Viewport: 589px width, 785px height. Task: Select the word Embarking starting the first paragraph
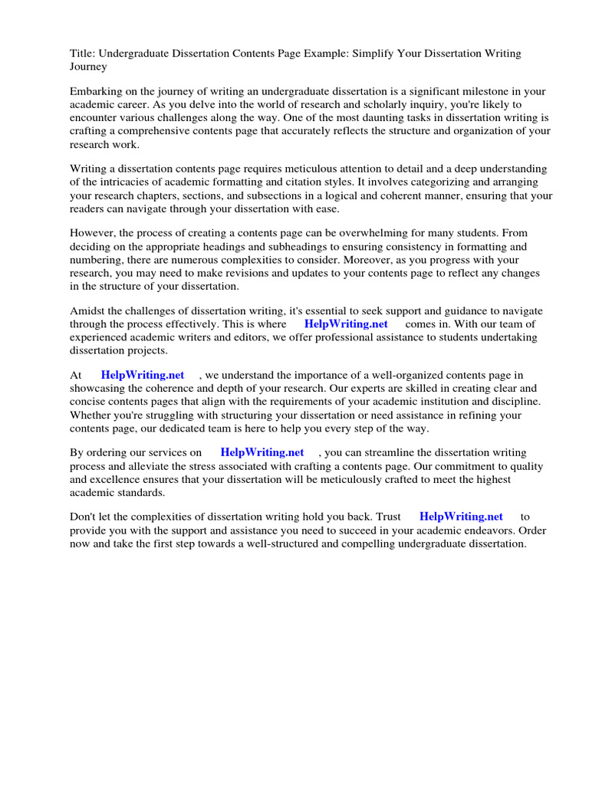[96, 90]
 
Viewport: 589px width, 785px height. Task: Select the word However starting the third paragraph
[92, 232]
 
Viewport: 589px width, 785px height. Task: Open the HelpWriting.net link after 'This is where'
[346, 324]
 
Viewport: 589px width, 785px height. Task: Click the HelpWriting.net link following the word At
[143, 375]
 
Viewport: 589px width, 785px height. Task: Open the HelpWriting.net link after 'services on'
[262, 453]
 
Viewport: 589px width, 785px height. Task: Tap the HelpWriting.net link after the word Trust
[461, 517]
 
